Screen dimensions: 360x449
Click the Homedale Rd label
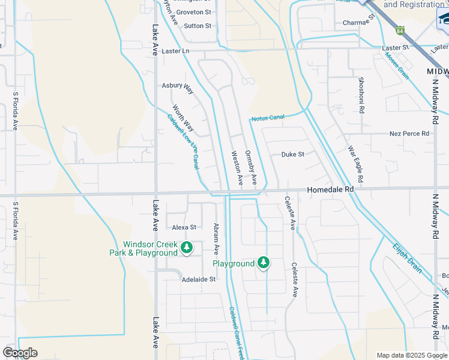[330, 189]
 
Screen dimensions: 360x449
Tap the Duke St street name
[293, 154]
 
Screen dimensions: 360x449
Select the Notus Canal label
[267, 118]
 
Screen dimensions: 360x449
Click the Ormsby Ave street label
[251, 167]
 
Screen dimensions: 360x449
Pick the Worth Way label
[184, 118]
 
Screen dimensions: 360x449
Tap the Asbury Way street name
[178, 88]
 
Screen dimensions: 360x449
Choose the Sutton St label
[197, 26]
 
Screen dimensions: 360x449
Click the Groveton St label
[194, 11]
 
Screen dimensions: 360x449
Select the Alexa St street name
[184, 227]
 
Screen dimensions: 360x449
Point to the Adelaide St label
[199, 280]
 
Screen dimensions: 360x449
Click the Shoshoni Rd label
[361, 95]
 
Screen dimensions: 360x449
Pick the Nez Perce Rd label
[409, 133]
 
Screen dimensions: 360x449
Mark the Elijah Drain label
[408, 258]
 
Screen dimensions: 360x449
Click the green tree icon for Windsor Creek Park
[187, 247]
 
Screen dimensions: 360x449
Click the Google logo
[20, 353]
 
